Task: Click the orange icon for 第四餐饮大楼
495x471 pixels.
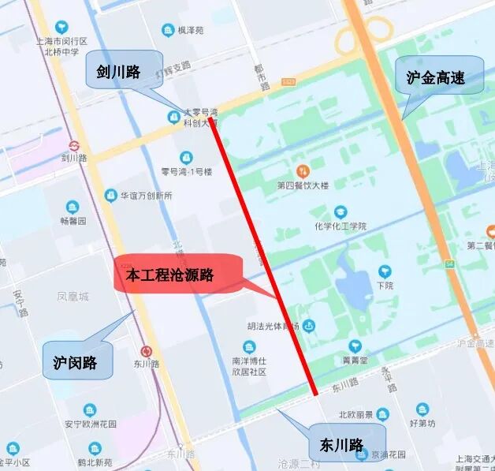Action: pos(301,171)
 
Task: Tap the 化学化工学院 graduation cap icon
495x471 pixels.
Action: pos(341,212)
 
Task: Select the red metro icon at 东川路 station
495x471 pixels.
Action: pos(147,351)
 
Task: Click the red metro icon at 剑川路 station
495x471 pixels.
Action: pos(75,145)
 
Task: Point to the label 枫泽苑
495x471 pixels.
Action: pos(191,31)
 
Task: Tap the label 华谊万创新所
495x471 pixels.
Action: pos(146,195)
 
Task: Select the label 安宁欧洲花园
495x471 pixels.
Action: pos(90,424)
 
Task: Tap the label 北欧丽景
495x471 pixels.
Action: pos(355,414)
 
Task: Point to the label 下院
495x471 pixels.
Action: pos(385,286)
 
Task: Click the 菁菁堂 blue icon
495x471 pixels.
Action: pos(355,346)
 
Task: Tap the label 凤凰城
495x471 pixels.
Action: pos(73,297)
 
